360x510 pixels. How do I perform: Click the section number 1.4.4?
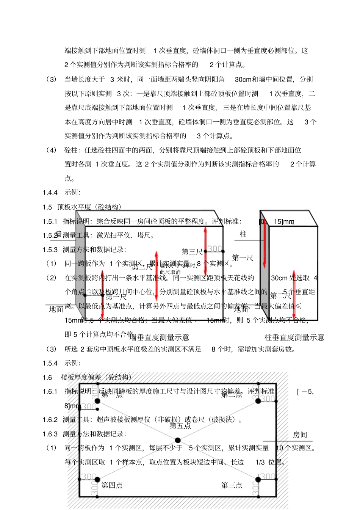[x=50, y=193]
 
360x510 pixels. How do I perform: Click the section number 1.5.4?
[x=50, y=363]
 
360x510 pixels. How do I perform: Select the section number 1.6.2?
[x=50, y=420]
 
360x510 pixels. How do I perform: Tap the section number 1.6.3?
[x=50, y=434]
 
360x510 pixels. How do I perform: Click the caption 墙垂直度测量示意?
[x=160, y=337]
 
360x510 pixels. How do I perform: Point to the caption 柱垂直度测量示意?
[x=294, y=337]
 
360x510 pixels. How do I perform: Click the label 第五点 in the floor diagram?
[x=180, y=426]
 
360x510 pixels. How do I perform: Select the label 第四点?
[x=112, y=485]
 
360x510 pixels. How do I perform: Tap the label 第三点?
[x=232, y=485]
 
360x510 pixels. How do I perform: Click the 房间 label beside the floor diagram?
[x=300, y=435]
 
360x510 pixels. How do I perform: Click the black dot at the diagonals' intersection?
[x=178, y=440]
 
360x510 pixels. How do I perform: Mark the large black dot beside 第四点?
[x=97, y=480]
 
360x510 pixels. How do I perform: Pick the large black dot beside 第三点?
[x=258, y=480]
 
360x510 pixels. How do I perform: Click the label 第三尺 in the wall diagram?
[x=192, y=252]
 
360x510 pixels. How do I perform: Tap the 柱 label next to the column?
[x=243, y=234]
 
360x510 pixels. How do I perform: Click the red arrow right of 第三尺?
[x=205, y=250]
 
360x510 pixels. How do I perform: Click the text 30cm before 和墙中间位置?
[x=243, y=79]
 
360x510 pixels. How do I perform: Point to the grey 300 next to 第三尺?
[x=214, y=249]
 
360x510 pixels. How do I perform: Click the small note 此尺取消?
[x=170, y=272]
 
